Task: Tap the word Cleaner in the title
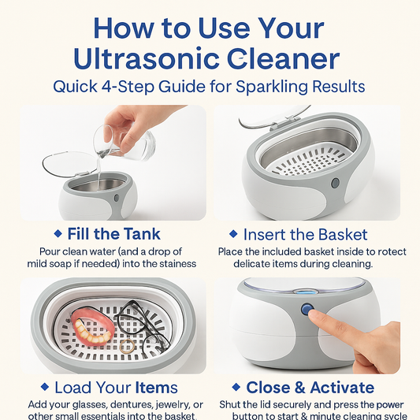pyautogui.click(x=284, y=59)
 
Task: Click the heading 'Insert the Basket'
pyautogui.click(x=310, y=234)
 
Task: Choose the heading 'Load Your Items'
pyautogui.click(x=116, y=387)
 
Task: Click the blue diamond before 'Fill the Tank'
pyautogui.click(x=58, y=234)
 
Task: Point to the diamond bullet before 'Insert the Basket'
pyautogui.click(x=233, y=234)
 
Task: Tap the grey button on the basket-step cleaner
pyautogui.click(x=336, y=183)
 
